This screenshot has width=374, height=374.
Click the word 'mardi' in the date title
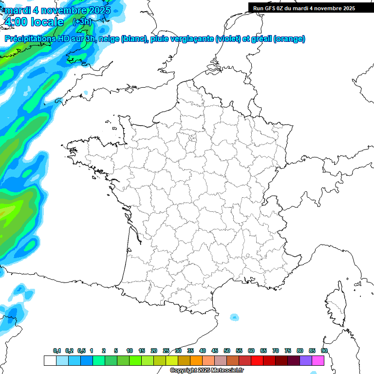(x=17, y=10)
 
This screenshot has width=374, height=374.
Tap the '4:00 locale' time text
(x=33, y=22)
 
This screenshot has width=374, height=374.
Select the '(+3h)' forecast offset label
(x=82, y=22)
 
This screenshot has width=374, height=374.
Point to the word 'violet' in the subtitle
(x=227, y=39)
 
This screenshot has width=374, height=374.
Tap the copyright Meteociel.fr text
(x=206, y=371)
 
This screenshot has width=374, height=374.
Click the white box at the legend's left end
(x=50, y=361)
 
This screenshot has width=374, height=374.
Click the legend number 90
(x=324, y=351)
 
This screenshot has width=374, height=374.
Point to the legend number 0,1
(x=57, y=351)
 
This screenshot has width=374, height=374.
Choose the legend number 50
(x=227, y=351)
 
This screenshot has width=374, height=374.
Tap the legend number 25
(x=166, y=351)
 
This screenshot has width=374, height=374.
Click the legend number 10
(x=130, y=351)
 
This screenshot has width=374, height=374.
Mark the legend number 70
(x=276, y=351)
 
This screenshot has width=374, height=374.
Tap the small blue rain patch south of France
(x=235, y=317)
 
